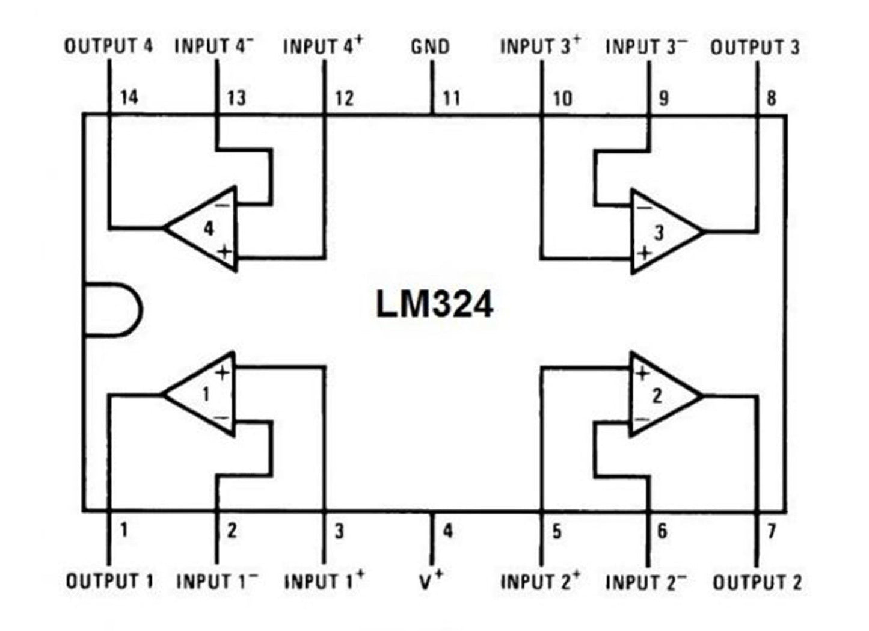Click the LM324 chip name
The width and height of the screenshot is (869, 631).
(x=434, y=304)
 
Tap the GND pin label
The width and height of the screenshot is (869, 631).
(x=430, y=46)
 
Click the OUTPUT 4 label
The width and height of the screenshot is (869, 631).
(x=109, y=46)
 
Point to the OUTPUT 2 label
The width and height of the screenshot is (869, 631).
(x=757, y=582)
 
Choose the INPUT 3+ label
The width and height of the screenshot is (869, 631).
(x=540, y=46)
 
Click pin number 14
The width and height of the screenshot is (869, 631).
(x=129, y=97)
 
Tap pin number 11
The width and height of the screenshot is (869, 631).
(x=451, y=97)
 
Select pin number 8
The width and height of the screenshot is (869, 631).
(x=772, y=97)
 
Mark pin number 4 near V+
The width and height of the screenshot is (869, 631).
(x=447, y=531)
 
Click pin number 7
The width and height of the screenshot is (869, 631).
(x=772, y=531)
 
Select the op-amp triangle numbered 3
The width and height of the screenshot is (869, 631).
(x=662, y=232)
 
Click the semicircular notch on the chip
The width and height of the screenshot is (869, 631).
(x=112, y=309)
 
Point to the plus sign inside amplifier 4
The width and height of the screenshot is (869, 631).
(x=225, y=251)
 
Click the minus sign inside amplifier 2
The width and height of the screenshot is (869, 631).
(x=642, y=419)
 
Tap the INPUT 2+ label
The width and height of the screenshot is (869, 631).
(x=540, y=582)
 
